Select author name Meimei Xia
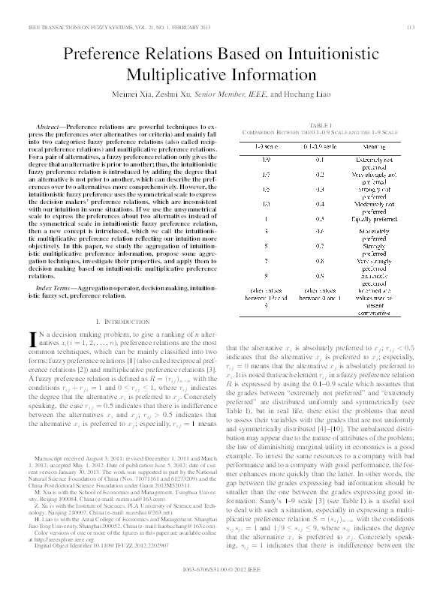coord(138,95)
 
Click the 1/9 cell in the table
coord(257,160)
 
